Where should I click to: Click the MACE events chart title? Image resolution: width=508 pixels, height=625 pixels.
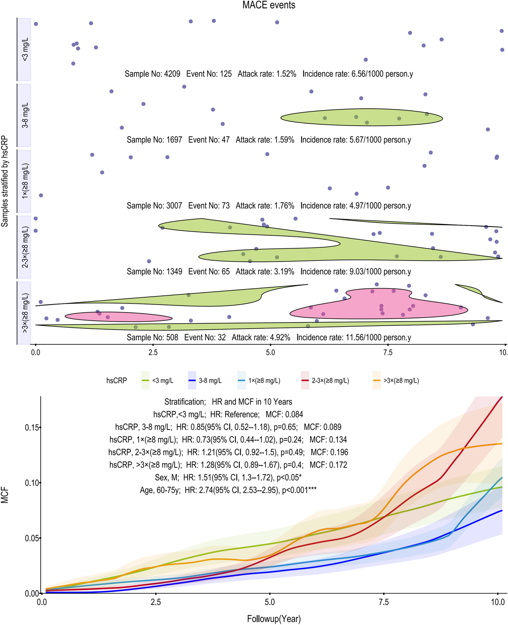[x=269, y=5]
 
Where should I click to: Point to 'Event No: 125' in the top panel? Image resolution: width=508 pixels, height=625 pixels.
[x=209, y=74]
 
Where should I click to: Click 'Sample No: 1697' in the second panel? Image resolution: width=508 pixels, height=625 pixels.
[x=154, y=140]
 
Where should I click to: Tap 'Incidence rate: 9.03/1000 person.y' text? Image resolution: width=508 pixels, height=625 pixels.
[x=355, y=271]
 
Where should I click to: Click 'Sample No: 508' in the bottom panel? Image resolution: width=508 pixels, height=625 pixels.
[x=152, y=337]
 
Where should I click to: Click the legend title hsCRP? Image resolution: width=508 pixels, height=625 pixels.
[x=117, y=381]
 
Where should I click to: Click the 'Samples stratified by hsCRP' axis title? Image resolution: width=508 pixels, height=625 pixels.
[x=5, y=181]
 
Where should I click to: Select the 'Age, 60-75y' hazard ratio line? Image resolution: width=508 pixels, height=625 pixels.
[x=228, y=490]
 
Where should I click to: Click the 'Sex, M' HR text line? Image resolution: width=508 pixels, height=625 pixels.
[x=228, y=477]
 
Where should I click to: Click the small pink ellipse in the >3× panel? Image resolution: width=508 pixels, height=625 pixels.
[x=118, y=317]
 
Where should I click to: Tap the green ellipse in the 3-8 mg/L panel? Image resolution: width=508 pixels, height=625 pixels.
[x=361, y=118]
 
